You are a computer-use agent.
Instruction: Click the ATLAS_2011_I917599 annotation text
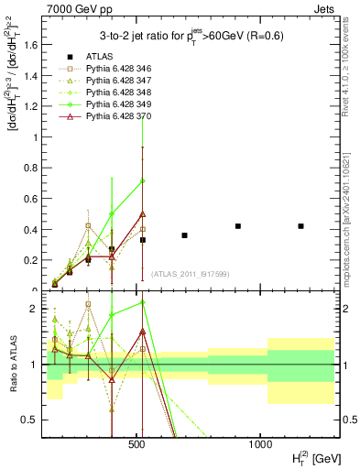[189, 274]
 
